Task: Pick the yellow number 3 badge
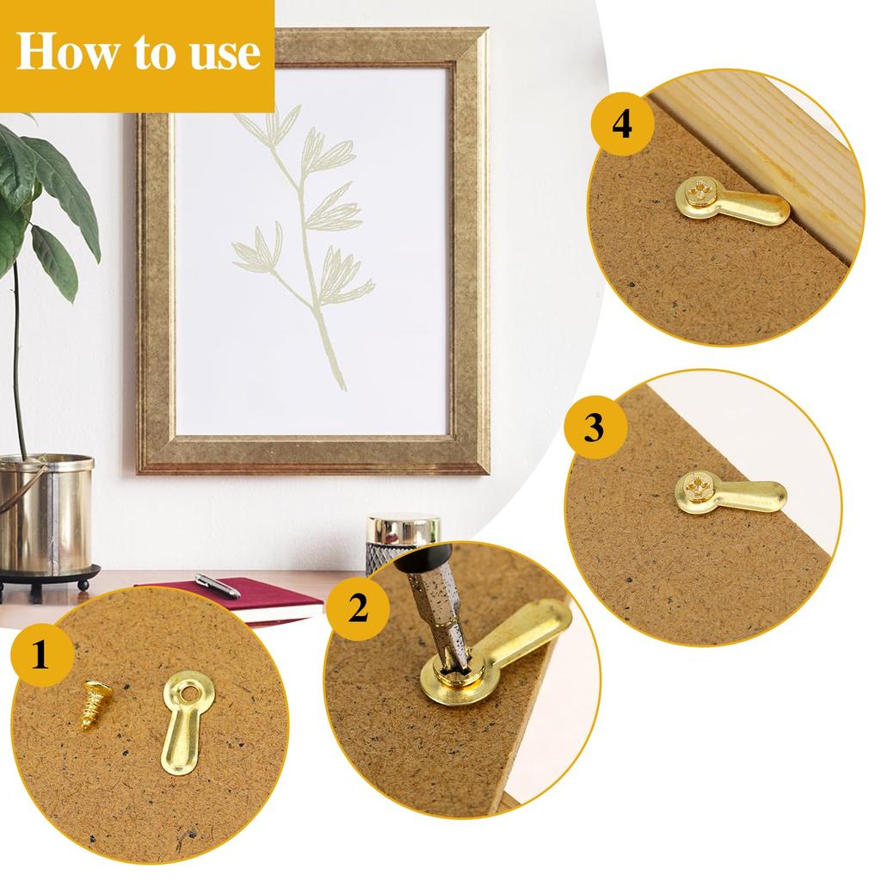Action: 594,428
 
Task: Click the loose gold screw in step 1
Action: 95,703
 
